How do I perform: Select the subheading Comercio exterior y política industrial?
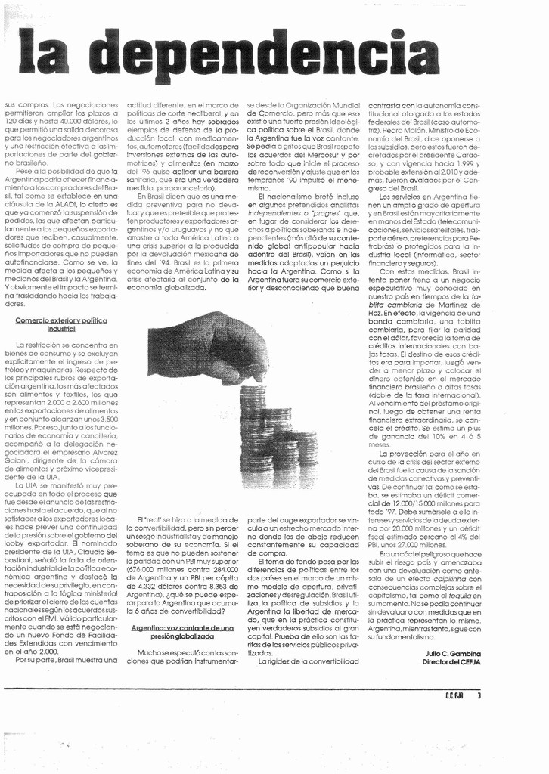tap(61, 325)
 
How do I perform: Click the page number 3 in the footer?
tap(479, 697)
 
